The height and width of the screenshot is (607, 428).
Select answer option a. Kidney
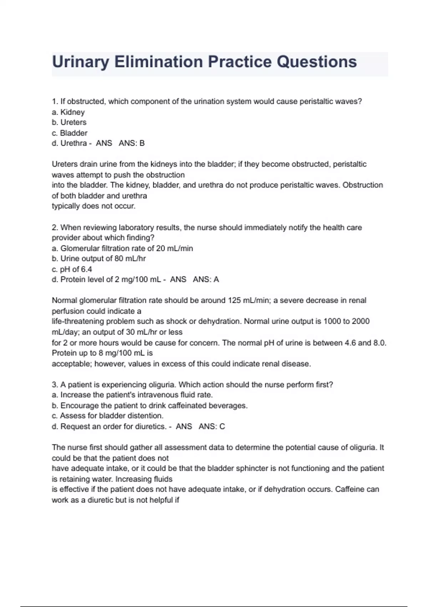68,112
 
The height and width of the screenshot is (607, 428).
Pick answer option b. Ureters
69,122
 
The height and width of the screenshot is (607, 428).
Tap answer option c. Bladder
70,133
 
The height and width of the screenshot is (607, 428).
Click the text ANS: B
132,143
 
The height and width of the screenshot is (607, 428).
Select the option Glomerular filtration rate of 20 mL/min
122,248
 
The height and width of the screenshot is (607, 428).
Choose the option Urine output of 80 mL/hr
99,259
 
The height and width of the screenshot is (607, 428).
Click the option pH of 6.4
72,269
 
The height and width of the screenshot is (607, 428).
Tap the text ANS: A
206,280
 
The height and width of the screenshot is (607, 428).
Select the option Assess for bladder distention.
108,416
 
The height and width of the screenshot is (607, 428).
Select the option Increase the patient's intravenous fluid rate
132,395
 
